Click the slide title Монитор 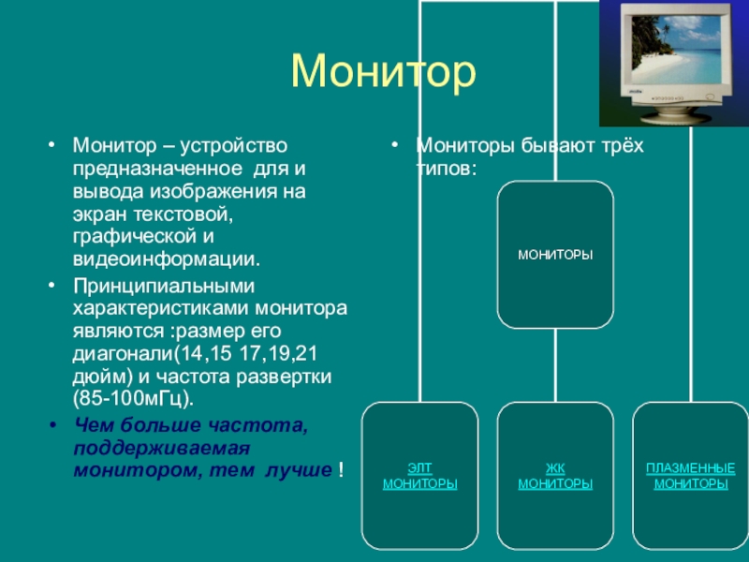coord(383,72)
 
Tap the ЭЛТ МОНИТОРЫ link coord(419,476)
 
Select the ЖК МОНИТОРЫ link coord(555,476)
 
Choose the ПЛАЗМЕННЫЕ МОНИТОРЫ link coord(691,476)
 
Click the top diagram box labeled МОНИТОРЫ coord(555,254)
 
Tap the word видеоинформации coord(167,259)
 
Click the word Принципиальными coord(164,287)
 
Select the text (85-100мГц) coord(133,399)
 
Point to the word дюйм coord(99,377)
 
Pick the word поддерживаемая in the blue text coord(161,449)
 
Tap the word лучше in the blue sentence coord(298,470)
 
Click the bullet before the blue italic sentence coord(53,425)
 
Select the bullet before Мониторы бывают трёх coord(394,144)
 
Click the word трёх coord(620,145)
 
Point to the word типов coord(443,169)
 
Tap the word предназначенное coord(157,169)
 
